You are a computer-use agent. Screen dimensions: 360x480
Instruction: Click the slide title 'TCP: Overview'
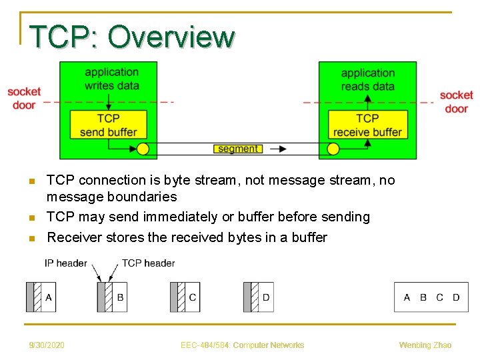(x=132, y=37)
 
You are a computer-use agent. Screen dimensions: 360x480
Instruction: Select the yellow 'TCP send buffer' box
(x=108, y=125)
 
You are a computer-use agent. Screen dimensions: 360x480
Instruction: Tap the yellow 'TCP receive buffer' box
(x=367, y=125)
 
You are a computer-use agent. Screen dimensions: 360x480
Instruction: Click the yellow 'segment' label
(x=238, y=149)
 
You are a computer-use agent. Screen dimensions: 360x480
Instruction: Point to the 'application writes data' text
(x=111, y=79)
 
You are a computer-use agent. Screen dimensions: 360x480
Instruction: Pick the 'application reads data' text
(x=367, y=79)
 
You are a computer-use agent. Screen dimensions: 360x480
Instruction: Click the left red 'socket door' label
(x=24, y=98)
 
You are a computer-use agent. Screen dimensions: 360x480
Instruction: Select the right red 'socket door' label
(x=456, y=101)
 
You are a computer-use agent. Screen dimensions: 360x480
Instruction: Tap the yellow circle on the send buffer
(x=143, y=149)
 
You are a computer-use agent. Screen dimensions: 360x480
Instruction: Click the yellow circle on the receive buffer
(x=333, y=149)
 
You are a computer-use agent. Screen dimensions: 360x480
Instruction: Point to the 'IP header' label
(x=66, y=263)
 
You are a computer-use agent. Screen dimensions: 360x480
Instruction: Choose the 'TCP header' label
(x=148, y=263)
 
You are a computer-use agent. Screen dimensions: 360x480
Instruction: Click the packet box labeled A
(x=41, y=297)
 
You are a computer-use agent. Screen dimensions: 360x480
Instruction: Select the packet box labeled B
(x=113, y=297)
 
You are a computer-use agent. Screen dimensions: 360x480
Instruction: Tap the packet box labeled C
(x=185, y=297)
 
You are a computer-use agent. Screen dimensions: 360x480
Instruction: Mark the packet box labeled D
(x=259, y=297)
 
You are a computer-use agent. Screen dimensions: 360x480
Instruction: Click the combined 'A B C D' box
(x=431, y=297)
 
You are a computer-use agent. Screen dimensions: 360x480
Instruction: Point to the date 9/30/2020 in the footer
(x=47, y=345)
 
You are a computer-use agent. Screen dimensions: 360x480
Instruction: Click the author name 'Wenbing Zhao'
(x=425, y=345)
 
